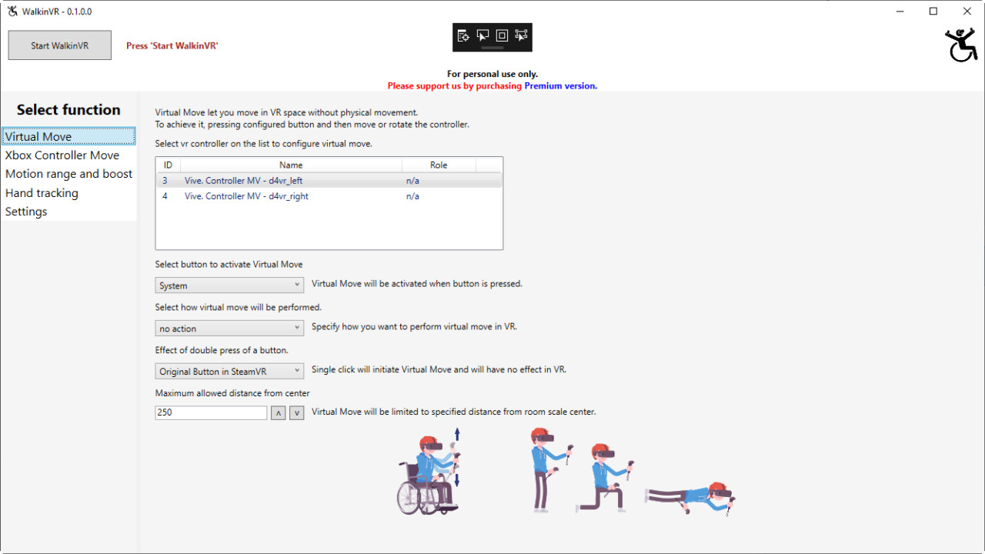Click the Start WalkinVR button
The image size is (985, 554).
pyautogui.click(x=59, y=45)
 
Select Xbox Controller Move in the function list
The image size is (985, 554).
pyautogui.click(x=62, y=155)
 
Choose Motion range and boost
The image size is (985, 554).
pyautogui.click(x=68, y=174)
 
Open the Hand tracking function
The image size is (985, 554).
pyautogui.click(x=42, y=193)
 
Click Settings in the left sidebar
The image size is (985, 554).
pyautogui.click(x=26, y=212)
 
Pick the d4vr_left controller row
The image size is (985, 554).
pyautogui.click(x=243, y=181)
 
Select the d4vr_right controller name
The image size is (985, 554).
pyautogui.click(x=246, y=196)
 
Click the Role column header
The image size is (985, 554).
pyautogui.click(x=439, y=165)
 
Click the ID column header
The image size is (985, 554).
pyautogui.click(x=168, y=165)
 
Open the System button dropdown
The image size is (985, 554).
pyautogui.click(x=229, y=285)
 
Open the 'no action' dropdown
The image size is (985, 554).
pyautogui.click(x=229, y=329)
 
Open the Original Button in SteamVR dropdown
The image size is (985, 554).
pyautogui.click(x=229, y=372)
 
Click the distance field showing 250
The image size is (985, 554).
pyautogui.click(x=211, y=412)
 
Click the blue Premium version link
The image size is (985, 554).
pyautogui.click(x=560, y=86)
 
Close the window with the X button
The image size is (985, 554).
pyautogui.click(x=967, y=12)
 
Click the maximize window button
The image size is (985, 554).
pyautogui.click(x=933, y=12)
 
